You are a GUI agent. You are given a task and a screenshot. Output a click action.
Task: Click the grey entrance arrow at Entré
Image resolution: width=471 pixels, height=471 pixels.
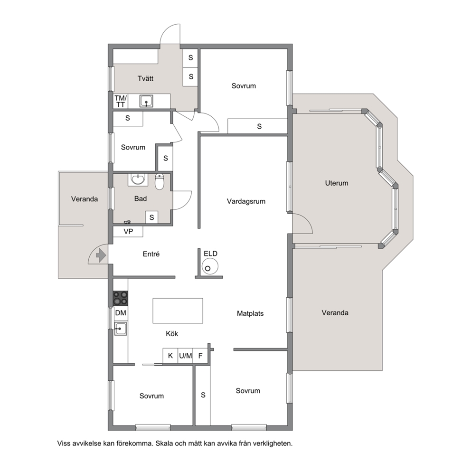coord(101,256)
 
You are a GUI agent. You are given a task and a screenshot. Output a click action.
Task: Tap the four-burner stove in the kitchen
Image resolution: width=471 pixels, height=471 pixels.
coord(121,298)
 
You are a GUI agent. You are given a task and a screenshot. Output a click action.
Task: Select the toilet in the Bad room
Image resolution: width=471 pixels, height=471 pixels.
coord(160,182)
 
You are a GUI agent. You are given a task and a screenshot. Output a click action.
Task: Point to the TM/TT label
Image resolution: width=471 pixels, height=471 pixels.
coord(121,101)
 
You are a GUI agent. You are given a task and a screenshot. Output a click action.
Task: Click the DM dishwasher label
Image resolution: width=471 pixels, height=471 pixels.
coord(121,313)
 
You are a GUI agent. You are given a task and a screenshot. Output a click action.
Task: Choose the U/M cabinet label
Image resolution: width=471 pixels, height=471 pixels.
coord(185,356)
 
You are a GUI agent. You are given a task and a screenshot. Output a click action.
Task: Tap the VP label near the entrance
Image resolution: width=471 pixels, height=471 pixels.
coord(128,232)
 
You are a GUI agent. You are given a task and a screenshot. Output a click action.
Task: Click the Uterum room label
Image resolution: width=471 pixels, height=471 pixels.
coord(337,183)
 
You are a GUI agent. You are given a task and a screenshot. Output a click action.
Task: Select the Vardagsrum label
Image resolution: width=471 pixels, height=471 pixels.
coord(246,202)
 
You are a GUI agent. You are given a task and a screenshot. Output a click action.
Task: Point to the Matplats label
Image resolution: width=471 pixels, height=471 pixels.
coord(250,313)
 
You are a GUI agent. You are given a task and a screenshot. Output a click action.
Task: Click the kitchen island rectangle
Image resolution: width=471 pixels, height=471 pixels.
coord(178,311)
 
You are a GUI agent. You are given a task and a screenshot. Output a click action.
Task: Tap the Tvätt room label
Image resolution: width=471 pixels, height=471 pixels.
coord(145,79)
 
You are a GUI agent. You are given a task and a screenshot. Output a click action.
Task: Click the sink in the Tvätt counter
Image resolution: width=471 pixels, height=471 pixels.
coord(146,101)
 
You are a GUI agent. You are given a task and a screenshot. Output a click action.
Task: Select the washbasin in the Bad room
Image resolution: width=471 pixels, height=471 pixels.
coord(138,179)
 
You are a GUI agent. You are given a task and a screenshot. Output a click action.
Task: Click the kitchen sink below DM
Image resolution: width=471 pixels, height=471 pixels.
coord(121,329)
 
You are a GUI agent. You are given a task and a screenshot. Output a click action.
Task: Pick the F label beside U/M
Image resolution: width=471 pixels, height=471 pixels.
coord(200,356)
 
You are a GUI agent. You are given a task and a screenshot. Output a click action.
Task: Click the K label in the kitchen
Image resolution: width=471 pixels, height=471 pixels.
coord(170,356)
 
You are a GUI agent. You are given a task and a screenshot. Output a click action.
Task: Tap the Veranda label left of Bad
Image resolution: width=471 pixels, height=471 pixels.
coord(85,199)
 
